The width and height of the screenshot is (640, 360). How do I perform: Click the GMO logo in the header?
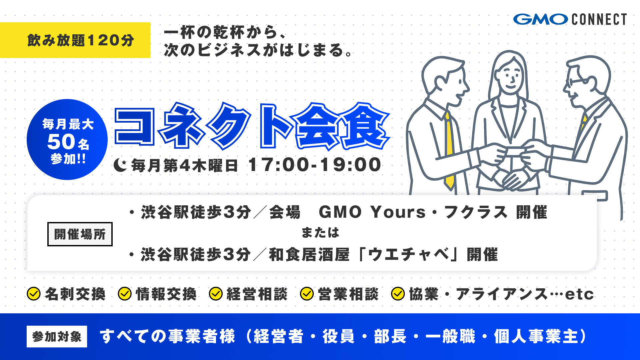(x=540, y=19)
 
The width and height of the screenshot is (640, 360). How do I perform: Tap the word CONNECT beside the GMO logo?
(x=599, y=19)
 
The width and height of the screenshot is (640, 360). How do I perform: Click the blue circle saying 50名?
(x=67, y=140)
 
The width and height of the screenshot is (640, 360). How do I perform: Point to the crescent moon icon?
(x=120, y=165)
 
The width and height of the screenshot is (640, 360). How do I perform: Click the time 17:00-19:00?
(x=315, y=165)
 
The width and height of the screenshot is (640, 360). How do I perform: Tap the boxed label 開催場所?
(x=80, y=234)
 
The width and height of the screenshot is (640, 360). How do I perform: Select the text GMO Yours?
(x=372, y=212)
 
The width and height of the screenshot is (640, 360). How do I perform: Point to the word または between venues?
(x=320, y=233)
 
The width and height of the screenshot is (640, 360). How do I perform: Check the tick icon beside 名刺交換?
(x=34, y=294)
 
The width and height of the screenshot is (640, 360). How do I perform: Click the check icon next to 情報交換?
(x=125, y=294)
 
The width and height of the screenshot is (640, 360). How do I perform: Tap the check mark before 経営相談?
(x=216, y=294)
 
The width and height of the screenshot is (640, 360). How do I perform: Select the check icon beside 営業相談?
(x=307, y=294)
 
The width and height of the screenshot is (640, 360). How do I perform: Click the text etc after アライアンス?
(x=579, y=294)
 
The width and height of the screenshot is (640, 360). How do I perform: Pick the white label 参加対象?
(x=57, y=336)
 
